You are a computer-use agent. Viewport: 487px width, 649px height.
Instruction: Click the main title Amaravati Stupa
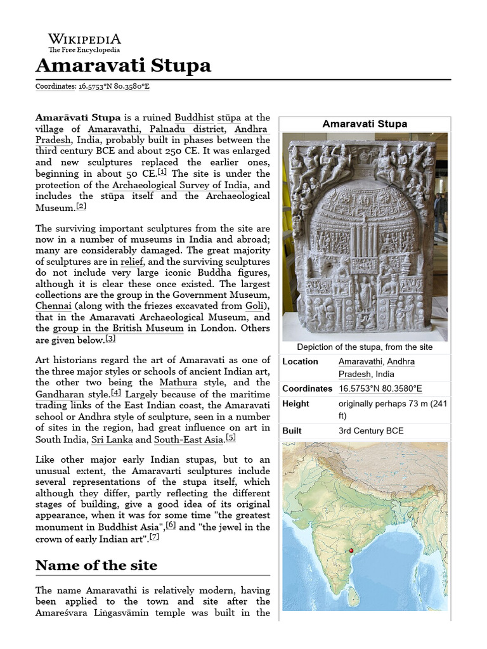(123, 66)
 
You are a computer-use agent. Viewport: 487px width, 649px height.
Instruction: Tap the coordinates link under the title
(114, 86)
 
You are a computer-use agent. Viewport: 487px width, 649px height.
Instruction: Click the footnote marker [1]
(162, 172)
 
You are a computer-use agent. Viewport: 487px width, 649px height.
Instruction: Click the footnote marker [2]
(81, 206)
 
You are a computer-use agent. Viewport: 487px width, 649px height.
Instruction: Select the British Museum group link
(117, 328)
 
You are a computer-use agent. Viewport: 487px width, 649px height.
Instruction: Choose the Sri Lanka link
(112, 439)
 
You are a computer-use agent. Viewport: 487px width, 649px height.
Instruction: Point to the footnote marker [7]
(154, 537)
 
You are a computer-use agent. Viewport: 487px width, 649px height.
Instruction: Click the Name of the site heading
(96, 565)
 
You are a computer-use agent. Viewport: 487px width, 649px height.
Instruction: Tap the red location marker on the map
(351, 551)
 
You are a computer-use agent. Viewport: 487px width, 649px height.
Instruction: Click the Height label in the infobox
(295, 404)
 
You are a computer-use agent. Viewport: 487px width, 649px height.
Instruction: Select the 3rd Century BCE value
(371, 431)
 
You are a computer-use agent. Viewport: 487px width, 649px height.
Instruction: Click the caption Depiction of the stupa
(365, 347)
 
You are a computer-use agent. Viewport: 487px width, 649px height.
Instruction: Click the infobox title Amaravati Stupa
(365, 124)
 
